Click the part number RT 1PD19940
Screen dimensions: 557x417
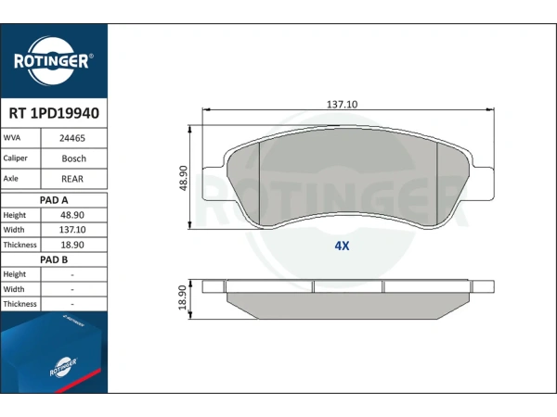[54, 113]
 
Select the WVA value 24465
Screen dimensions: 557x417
[72, 138]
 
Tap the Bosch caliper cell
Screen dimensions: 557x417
[74, 158]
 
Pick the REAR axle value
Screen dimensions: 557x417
[72, 179]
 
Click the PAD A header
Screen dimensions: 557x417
[54, 200]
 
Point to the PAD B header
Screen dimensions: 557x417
[54, 259]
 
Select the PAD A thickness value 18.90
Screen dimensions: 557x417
[72, 245]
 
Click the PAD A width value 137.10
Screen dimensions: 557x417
[72, 230]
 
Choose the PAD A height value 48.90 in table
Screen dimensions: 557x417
[72, 215]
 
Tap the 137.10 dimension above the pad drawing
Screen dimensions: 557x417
[342, 105]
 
